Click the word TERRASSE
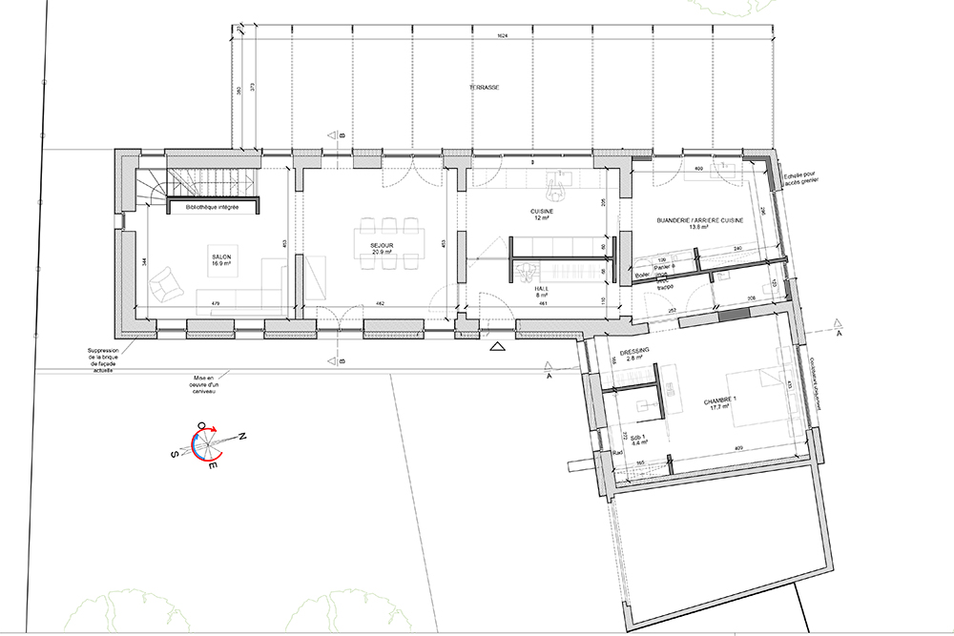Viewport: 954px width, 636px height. point(484,88)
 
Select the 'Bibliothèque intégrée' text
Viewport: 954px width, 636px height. point(212,206)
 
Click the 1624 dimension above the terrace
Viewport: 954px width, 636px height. point(503,35)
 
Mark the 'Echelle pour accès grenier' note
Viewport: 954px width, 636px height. point(800,177)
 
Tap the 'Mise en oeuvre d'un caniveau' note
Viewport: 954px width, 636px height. point(203,384)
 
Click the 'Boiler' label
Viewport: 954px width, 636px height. point(642,276)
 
